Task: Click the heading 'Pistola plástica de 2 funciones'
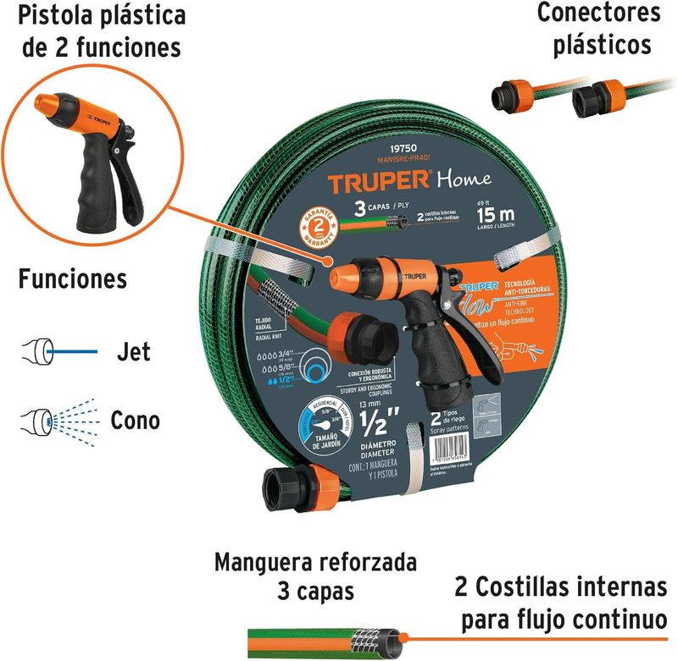[102, 31]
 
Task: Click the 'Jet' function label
[132, 351]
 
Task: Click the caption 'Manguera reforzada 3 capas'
[315, 576]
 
